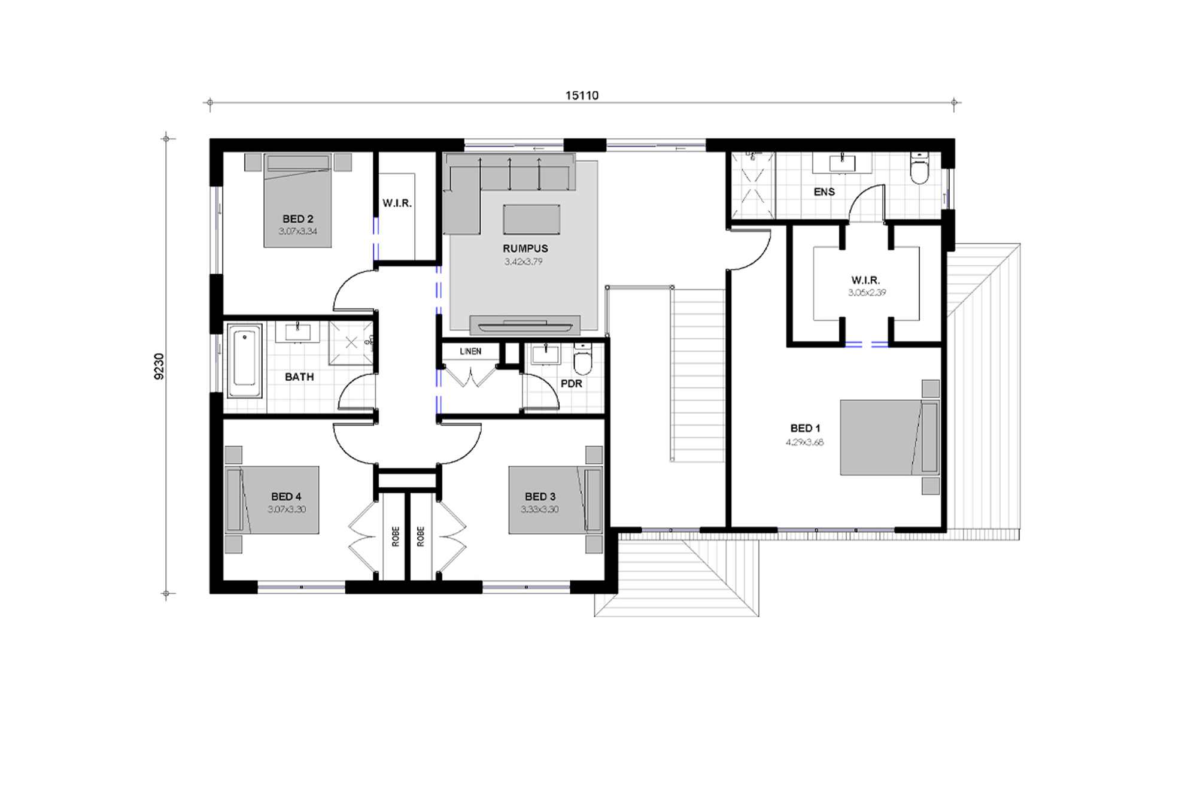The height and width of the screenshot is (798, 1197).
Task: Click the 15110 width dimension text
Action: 582,96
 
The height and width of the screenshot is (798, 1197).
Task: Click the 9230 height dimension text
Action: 159,366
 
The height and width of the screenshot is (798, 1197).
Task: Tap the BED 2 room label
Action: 297,219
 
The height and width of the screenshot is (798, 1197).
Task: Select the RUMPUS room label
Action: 525,248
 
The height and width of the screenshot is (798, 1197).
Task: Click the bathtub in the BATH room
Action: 244,361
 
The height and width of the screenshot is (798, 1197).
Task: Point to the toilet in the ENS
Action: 918,169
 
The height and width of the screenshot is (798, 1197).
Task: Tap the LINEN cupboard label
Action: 470,351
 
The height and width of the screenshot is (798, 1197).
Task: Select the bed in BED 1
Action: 889,438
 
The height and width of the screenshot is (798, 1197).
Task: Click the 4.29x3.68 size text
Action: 804,442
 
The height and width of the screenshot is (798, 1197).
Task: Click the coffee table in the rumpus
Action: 531,219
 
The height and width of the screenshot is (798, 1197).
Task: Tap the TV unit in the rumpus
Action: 525,325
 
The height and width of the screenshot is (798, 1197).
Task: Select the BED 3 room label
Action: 540,496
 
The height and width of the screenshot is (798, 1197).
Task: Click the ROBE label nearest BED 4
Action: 396,536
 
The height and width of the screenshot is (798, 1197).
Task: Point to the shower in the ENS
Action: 752,185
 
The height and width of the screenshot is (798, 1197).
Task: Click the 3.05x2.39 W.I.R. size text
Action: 867,293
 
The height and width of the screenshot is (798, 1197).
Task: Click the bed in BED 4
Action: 272,500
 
